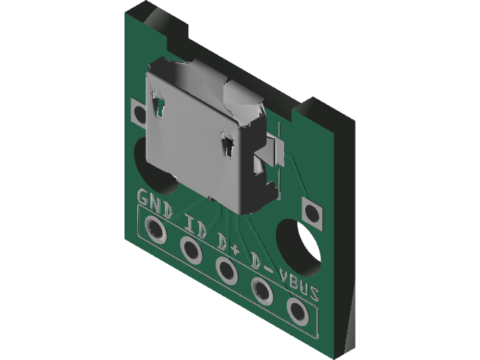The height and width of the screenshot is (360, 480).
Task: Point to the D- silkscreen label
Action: [x=260, y=263]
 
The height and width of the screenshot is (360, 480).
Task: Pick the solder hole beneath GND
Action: [x=158, y=230]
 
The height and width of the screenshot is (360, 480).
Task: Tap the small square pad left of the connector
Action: [x=139, y=114]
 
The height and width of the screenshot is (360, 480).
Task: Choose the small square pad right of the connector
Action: [x=312, y=211]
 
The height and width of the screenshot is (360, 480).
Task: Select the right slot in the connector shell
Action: [x=227, y=146]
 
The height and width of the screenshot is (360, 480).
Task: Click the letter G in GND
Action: [x=145, y=199]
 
